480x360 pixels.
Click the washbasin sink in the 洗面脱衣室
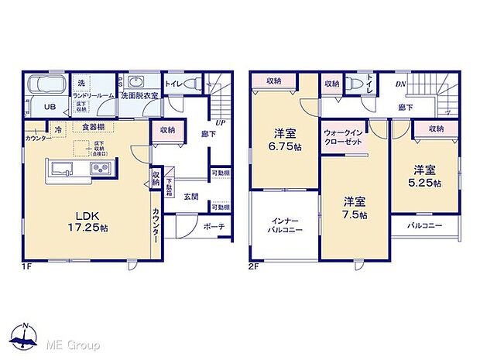[138, 82]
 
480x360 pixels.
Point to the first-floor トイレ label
[175, 83]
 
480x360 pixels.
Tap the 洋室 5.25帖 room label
[427, 175]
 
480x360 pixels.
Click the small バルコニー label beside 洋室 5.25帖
[424, 225]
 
